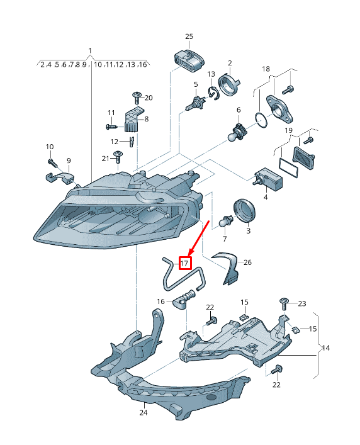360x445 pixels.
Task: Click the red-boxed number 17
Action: tap(185, 263)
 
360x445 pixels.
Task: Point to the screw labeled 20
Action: tap(137, 98)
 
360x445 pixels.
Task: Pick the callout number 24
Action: tap(143, 412)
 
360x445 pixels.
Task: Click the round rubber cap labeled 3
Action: tap(244, 210)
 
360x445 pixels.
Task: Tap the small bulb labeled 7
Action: tap(226, 221)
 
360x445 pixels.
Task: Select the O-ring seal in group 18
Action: tap(261, 120)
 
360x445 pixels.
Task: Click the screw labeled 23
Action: tap(284, 304)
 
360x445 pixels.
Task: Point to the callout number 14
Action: tap(325, 347)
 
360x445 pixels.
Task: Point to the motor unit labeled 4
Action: tap(267, 178)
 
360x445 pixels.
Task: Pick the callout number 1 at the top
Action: tap(90, 51)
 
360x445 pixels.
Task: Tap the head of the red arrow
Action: tap(191, 252)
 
